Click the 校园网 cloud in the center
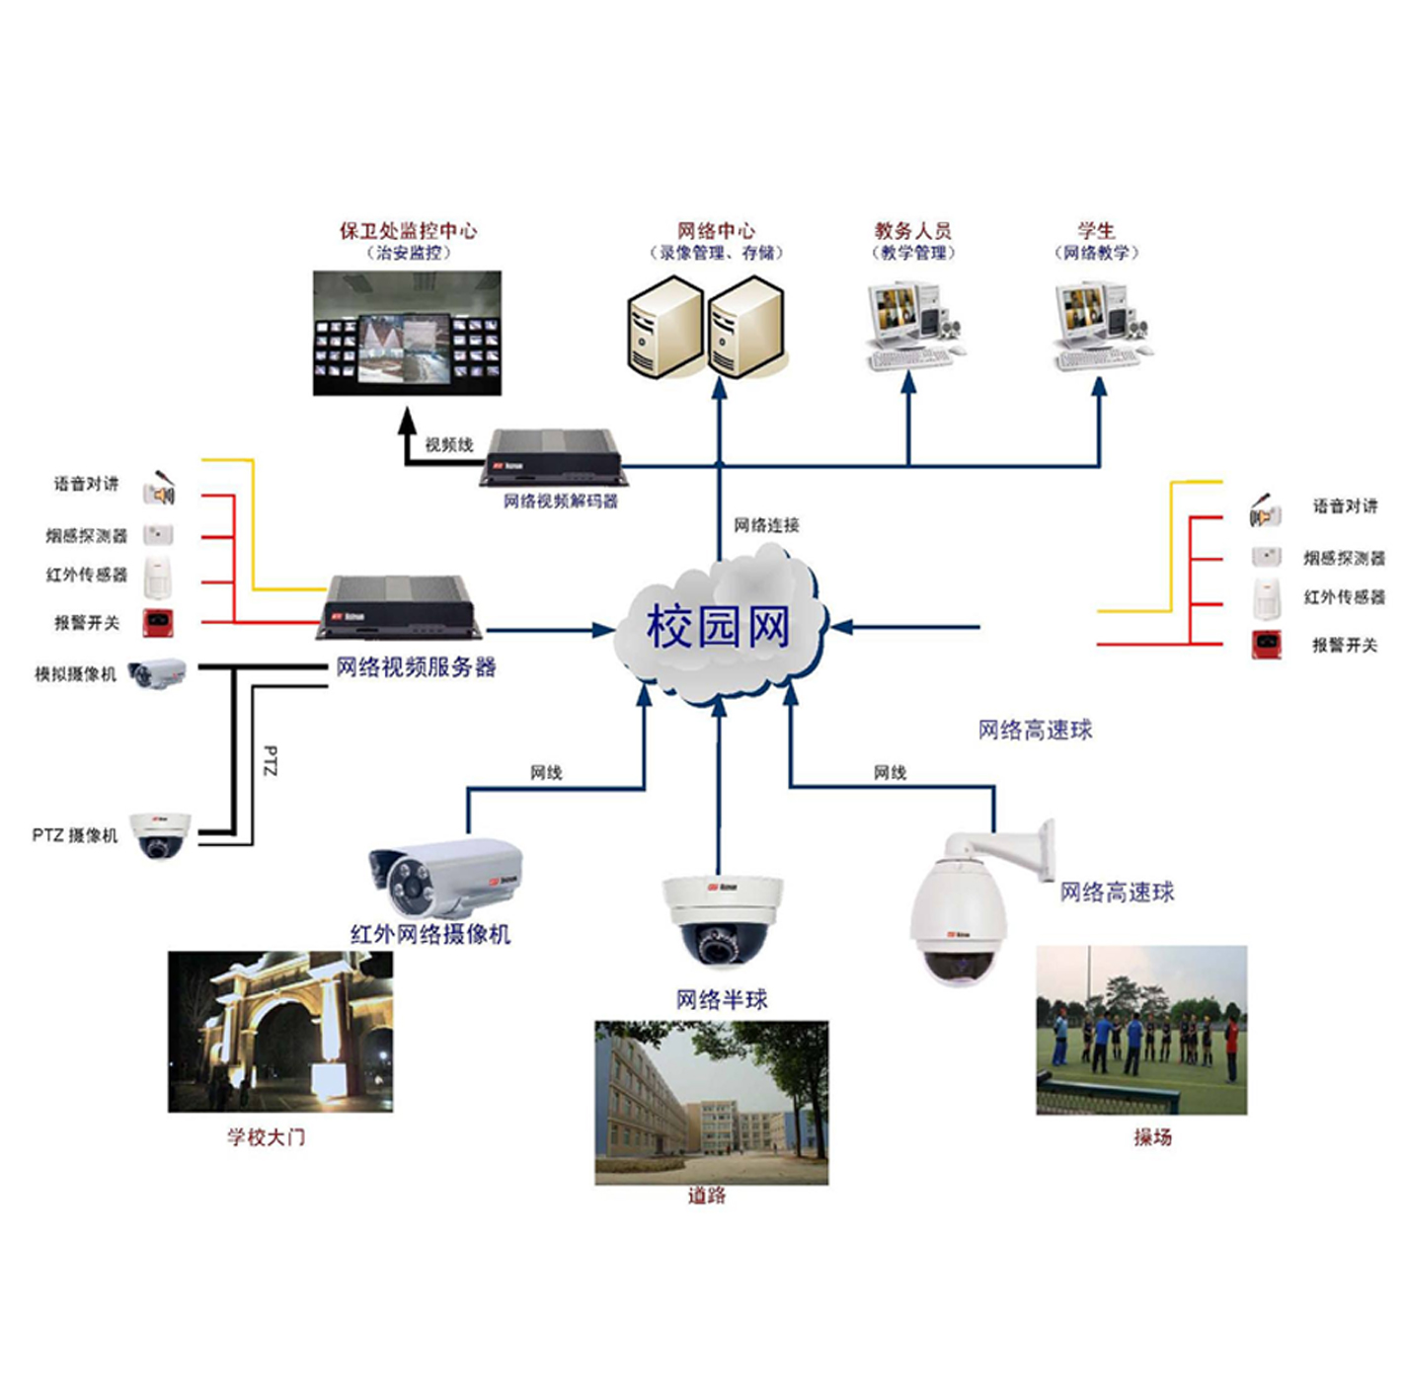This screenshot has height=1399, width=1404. coord(719,628)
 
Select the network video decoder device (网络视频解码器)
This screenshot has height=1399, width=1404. coord(551,456)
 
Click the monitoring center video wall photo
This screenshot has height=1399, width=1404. coord(407,334)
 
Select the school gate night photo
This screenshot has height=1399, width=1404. coord(280,1032)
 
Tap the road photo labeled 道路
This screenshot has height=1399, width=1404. coord(711,1102)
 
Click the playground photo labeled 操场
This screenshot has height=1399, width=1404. coord(1141,1030)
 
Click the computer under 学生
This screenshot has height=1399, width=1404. coord(1100,326)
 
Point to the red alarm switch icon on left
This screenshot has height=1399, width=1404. coord(158,622)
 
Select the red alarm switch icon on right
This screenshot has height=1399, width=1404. coord(1267,644)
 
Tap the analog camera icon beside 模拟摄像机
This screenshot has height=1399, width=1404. coord(157,674)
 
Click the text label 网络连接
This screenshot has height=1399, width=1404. coord(766,525)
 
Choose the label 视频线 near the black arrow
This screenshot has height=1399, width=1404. coord(449,444)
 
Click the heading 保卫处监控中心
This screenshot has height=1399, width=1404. coord(408,231)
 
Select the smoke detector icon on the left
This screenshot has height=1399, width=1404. coord(158,534)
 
